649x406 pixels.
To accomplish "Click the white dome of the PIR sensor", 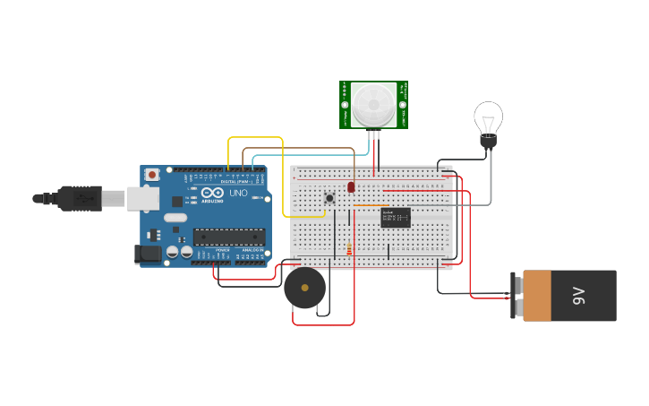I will coord(372,104).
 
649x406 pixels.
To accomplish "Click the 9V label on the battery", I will coord(579,295).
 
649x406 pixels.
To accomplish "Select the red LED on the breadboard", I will coord(351,186).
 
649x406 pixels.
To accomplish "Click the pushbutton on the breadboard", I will coord(329,197).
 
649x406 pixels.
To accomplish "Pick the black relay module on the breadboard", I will coord(396,218).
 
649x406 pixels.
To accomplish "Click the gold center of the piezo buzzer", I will coord(304,289).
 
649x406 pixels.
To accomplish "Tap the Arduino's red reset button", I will coord(152,174).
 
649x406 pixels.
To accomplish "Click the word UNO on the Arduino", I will coord(238,193).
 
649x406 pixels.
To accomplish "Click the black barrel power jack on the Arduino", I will coord(148,255).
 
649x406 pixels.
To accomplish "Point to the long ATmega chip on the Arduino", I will coord(229,237).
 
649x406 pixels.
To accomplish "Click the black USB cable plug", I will coord(81,198).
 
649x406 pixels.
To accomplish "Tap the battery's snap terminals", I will coord(517,296).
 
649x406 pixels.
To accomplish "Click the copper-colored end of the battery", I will coord(537,296).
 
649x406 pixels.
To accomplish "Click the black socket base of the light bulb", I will coord(488,142).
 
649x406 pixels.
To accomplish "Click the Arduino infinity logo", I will coord(212,193).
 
